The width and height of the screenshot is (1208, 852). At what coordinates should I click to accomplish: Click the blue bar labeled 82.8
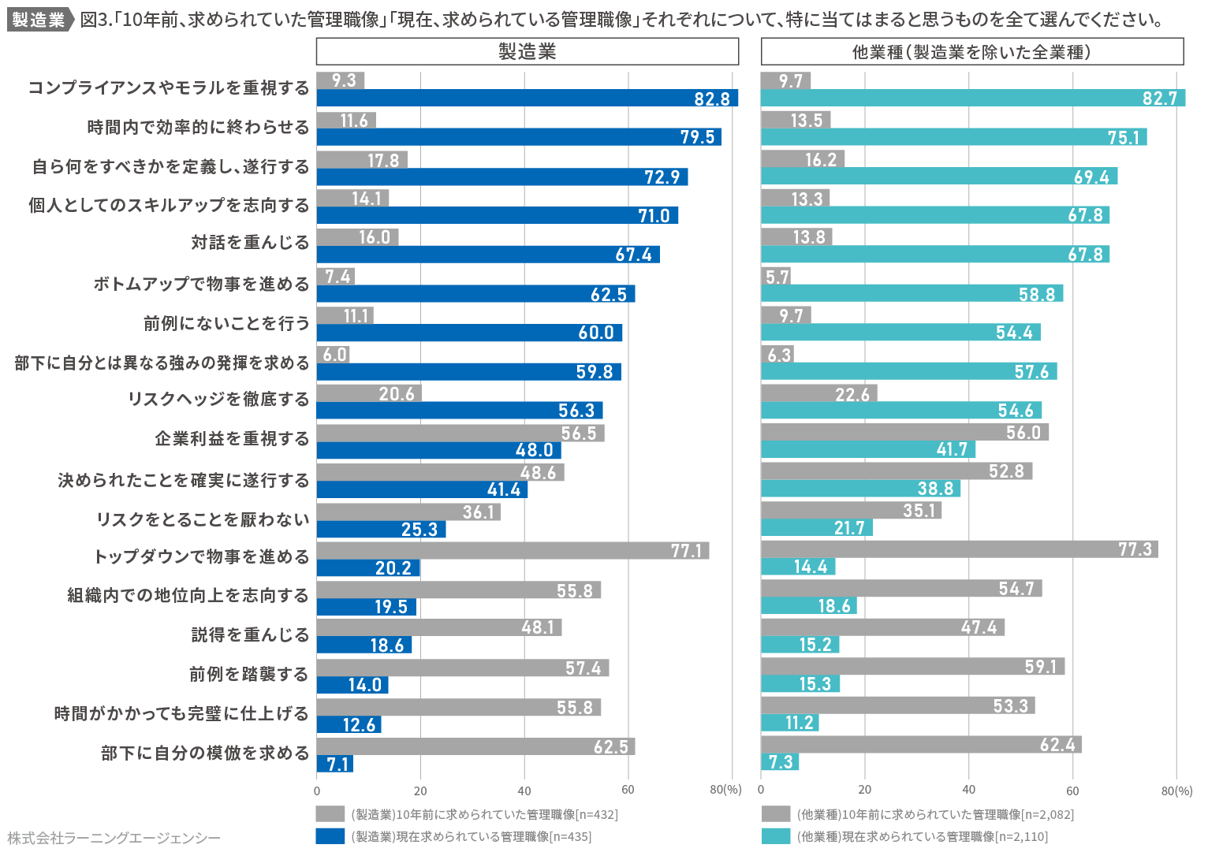coord(527,99)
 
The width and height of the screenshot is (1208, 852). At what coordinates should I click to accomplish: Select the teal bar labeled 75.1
coord(953,137)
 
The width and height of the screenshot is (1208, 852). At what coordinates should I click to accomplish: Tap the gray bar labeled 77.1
coord(513,551)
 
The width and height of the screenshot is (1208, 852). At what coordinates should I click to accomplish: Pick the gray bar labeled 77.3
coord(959,549)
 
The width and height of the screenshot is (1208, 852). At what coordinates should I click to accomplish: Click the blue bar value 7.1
coord(337,764)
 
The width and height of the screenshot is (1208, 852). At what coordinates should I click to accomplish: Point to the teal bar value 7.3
coord(781,762)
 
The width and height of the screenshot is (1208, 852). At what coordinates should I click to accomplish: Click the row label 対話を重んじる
coord(250,243)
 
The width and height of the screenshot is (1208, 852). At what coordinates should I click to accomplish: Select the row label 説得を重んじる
coord(250,635)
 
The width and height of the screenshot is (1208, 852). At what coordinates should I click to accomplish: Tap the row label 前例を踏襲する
coord(248,675)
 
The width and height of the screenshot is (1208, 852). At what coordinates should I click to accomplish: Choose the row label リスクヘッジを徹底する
coord(218,400)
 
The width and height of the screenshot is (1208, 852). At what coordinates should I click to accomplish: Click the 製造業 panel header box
coord(527,52)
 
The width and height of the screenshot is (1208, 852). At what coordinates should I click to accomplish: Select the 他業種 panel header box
coord(971,52)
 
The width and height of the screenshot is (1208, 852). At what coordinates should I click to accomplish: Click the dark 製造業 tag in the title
coord(39,20)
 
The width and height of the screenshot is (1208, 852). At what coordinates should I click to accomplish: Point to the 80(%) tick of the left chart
coord(725,791)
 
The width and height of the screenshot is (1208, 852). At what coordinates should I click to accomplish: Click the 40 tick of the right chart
coord(968,791)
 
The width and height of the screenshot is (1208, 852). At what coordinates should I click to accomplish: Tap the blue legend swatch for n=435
coord(330,836)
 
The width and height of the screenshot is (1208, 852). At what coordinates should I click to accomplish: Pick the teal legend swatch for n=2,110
coord(776,836)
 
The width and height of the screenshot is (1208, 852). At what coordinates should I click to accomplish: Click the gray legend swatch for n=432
coord(330,814)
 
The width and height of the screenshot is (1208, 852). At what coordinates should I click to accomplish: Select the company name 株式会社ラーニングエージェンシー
coord(114,838)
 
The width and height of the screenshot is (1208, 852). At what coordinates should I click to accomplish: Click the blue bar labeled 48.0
coord(438,451)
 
